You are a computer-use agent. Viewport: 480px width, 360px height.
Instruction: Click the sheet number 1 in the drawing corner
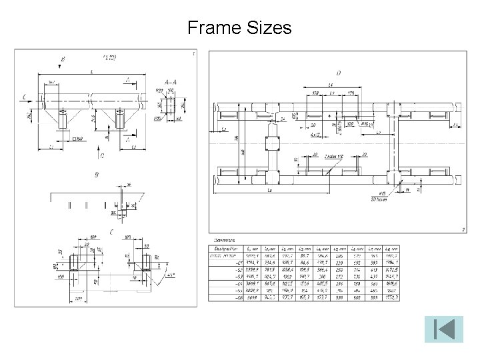coord(193,53)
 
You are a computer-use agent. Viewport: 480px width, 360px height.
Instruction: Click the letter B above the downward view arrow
coord(63,59)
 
